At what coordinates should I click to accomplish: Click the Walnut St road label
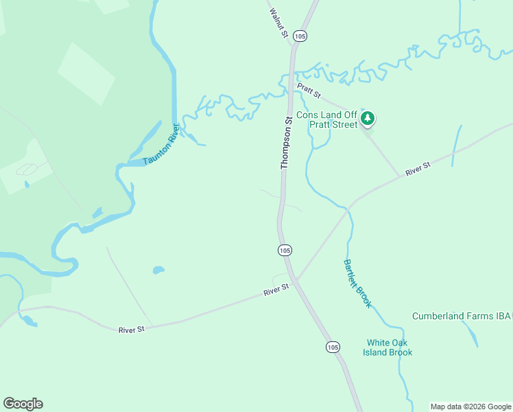click(x=278, y=23)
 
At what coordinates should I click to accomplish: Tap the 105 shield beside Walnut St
click(x=300, y=36)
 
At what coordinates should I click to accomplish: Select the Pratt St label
click(x=309, y=89)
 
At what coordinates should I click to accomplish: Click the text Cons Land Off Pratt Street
click(x=326, y=120)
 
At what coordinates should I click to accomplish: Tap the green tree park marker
click(x=368, y=119)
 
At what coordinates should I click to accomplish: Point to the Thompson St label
click(x=287, y=143)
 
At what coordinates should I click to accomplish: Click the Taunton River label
click(x=162, y=145)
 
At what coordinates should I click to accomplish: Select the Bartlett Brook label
click(x=357, y=283)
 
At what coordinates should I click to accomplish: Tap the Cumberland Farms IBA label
click(x=462, y=317)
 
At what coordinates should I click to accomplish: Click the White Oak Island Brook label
click(x=388, y=347)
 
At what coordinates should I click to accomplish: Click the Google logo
click(x=23, y=404)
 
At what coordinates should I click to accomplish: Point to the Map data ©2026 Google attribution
click(x=470, y=407)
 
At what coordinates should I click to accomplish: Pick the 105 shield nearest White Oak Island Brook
click(x=333, y=347)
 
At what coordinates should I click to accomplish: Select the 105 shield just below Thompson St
click(x=285, y=251)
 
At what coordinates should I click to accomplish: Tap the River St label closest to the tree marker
click(x=417, y=169)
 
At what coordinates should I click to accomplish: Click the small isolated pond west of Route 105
click(x=158, y=270)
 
